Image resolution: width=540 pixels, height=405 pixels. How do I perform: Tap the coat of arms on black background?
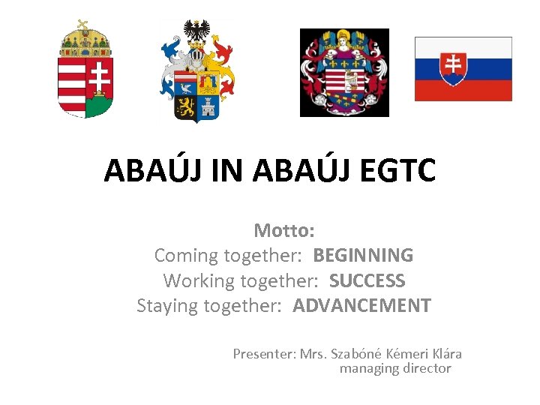point(344,73)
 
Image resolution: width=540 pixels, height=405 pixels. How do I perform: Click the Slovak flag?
point(463,68)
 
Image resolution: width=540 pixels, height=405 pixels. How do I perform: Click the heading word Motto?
point(283,229)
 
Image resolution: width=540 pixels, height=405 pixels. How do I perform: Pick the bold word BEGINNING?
point(363,255)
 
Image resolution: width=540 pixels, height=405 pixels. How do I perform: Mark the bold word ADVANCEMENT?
point(361,306)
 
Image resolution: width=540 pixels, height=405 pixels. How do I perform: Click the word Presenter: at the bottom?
point(264,354)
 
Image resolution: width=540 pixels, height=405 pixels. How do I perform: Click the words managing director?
point(395,368)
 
